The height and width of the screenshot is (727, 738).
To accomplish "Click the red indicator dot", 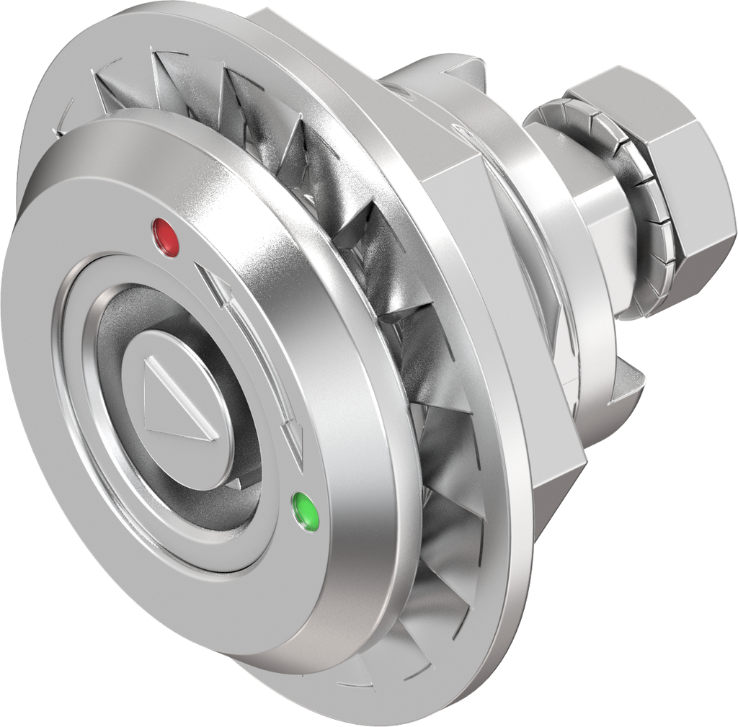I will pyautogui.click(x=166, y=236).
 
